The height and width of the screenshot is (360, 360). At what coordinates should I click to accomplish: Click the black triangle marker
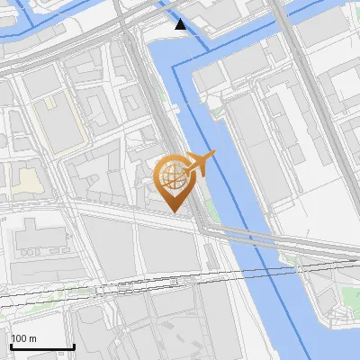(x=181, y=24)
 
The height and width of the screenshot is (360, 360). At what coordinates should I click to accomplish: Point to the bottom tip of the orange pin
(x=173, y=211)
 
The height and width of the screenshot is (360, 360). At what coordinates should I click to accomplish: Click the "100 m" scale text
(x=23, y=338)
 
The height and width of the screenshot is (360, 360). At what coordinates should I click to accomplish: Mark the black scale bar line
(x=41, y=346)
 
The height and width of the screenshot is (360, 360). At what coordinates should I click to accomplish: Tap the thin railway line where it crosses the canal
(x=261, y=269)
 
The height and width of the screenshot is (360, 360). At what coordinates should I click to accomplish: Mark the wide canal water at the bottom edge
(x=270, y=346)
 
